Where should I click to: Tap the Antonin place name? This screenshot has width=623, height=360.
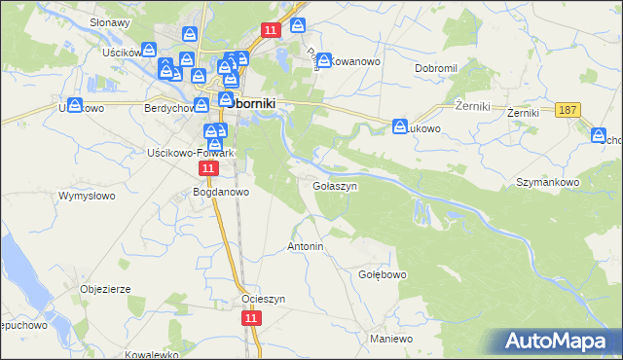point(305,247)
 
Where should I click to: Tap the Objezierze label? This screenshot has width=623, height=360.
point(105,289)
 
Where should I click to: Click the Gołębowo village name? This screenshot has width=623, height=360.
point(383,275)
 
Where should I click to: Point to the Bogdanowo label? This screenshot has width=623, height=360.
point(222,192)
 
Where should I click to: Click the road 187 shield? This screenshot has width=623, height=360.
point(569,111)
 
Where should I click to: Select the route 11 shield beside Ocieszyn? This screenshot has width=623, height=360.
point(252,318)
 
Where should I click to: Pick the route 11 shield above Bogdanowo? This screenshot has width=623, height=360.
point(208,169)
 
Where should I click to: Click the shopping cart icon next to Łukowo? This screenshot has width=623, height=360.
point(400,126)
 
